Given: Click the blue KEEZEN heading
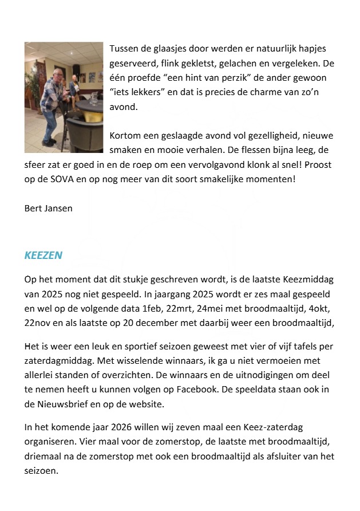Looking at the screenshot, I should [43, 255].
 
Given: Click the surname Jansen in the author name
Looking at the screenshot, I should [60, 208].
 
